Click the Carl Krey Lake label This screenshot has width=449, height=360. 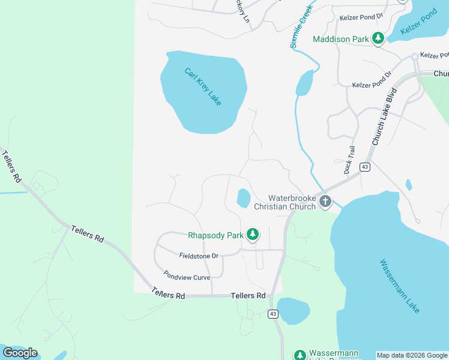point(203,87)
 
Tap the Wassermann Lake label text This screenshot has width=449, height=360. point(399,286)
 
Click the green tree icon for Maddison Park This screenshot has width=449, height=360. point(378,39)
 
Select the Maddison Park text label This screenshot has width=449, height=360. point(341,40)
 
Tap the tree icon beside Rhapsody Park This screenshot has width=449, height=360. point(253,235)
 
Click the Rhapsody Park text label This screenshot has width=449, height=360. point(215,235)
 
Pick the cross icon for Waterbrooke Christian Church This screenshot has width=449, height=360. point(325,202)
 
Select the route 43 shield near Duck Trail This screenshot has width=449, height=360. point(364,166)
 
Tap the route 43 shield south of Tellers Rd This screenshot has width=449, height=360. point(273,314)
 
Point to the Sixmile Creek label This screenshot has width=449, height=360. point(301,27)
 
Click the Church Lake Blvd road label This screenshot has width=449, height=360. point(385,118)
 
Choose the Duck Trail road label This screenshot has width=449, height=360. point(349,160)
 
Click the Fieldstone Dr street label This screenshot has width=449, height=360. point(198,256)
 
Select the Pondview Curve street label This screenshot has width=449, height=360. point(190,277)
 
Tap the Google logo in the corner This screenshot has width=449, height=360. point(20,352)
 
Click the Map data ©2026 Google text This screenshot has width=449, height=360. point(412,355)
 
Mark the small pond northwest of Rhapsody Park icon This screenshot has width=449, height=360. point(244,198)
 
